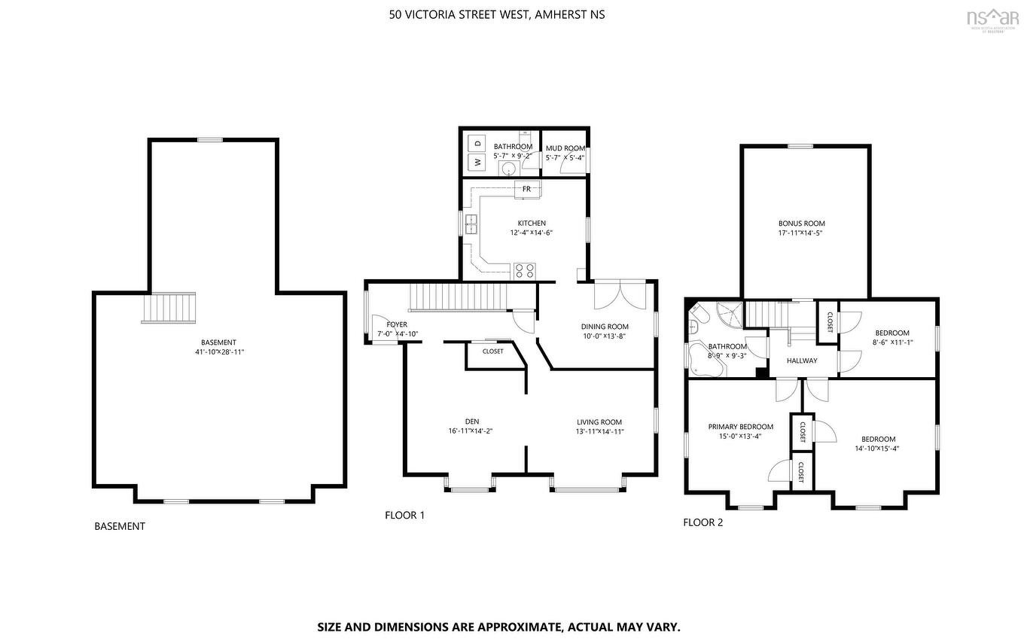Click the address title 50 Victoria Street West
(497, 14)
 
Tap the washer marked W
(477, 161)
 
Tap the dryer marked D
(477, 142)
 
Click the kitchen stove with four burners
(525, 269)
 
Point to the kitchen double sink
(471, 222)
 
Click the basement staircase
(169, 308)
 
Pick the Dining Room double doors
(619, 294)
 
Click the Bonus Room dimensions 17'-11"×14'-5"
(801, 233)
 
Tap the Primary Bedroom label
(740, 426)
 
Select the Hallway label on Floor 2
(802, 361)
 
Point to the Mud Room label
(565, 148)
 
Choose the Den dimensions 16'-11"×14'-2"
(470, 431)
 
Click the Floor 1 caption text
(404, 516)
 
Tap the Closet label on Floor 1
(493, 351)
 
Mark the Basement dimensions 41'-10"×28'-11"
(218, 351)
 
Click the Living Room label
(599, 422)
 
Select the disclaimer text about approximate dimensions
(498, 626)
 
